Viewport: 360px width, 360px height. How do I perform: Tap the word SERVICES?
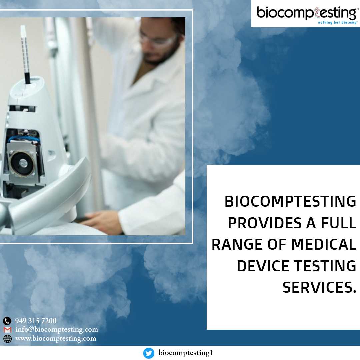tap(319, 287)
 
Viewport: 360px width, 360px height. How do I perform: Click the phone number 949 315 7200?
tap(36, 321)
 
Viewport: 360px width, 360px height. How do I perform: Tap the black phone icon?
tap(7, 321)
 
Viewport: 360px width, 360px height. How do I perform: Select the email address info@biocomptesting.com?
tap(56, 329)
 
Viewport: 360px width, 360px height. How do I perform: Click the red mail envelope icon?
tap(7, 330)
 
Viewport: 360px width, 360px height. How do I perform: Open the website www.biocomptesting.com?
tap(56, 338)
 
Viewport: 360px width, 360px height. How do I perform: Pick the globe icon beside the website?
tap(7, 339)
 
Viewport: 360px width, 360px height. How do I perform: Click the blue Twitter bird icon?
tap(149, 353)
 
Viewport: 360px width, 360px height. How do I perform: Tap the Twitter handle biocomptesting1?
tap(186, 353)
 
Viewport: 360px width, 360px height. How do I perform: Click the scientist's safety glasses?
tap(158, 39)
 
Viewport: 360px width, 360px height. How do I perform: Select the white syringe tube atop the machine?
tap(25, 54)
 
